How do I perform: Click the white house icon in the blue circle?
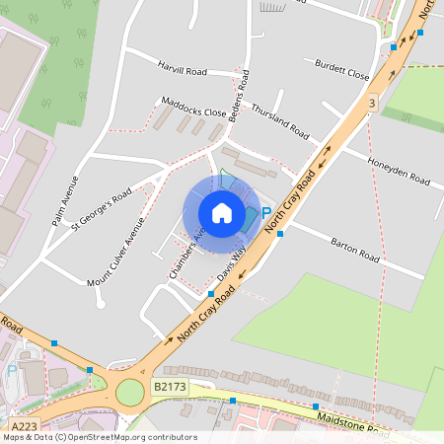pyautogui.click(x=221, y=213)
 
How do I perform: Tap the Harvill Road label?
pyautogui.click(x=183, y=71)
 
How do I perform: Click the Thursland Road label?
pyautogui.click(x=280, y=122)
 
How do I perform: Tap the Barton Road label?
pyautogui.click(x=355, y=248)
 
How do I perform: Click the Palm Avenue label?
pyautogui.click(x=64, y=200)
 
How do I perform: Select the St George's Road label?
pyautogui.click(x=101, y=209)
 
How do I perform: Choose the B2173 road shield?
pyautogui.click(x=169, y=390)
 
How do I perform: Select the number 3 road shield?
pyautogui.click(x=371, y=104)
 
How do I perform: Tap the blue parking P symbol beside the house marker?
pyautogui.click(x=265, y=212)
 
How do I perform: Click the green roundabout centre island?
pyautogui.click(x=129, y=393)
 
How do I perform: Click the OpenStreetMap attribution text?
pyautogui.click(x=99, y=437)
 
